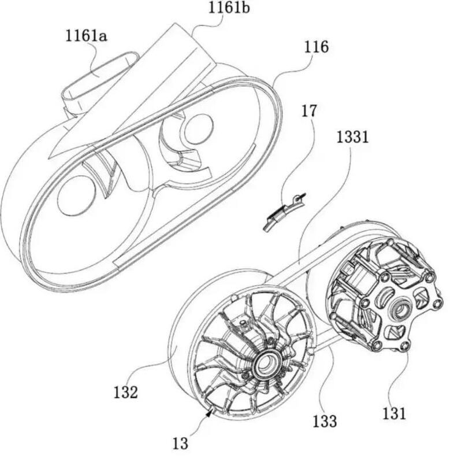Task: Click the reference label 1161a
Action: pos(86,36)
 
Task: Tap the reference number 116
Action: pos(317,46)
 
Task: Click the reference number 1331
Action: pos(353,138)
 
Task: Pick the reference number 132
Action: pos(126,393)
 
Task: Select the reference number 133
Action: pos(324,421)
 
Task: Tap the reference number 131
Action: pos(394,413)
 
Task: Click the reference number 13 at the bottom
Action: pos(180,443)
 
